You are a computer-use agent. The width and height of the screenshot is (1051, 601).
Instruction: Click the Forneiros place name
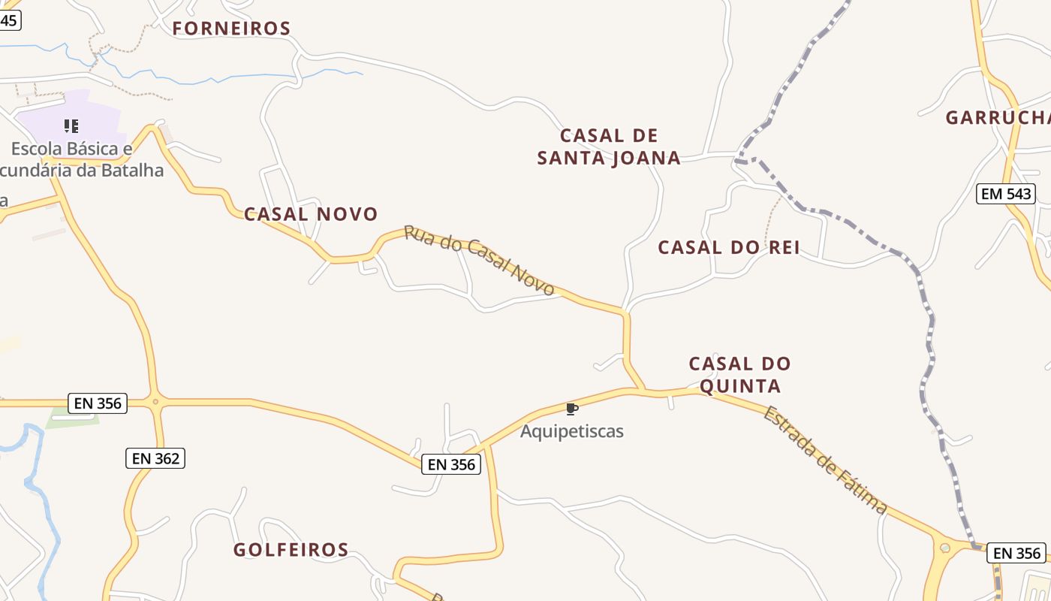[231, 29]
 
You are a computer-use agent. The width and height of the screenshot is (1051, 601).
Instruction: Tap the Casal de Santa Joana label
[609, 146]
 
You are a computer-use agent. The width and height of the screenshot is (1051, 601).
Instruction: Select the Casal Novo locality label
[311, 214]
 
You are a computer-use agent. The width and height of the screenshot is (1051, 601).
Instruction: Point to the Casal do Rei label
[728, 247]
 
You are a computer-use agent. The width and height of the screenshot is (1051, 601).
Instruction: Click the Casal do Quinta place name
[740, 375]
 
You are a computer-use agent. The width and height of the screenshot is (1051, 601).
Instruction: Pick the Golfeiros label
[291, 550]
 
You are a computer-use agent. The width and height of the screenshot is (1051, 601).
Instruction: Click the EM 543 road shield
[1006, 194]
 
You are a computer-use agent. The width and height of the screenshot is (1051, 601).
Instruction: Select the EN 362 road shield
[155, 458]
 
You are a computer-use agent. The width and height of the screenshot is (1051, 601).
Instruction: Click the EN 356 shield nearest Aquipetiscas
[451, 464]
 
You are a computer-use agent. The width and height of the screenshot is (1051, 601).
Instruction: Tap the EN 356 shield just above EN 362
[98, 403]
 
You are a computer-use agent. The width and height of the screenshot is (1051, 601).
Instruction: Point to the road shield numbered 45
[9, 20]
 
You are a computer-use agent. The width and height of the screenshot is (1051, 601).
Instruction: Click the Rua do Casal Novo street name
[480, 260]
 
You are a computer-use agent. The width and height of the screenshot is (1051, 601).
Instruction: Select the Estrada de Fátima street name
[824, 460]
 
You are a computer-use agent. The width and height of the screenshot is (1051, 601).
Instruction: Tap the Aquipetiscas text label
[572, 431]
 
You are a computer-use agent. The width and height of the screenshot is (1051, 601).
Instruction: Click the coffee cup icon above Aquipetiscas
[572, 409]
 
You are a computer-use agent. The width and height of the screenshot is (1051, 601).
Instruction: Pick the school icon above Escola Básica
[71, 125]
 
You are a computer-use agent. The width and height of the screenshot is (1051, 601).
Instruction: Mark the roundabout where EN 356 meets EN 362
[155, 402]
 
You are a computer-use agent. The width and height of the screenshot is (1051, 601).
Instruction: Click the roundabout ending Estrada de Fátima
[945, 548]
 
